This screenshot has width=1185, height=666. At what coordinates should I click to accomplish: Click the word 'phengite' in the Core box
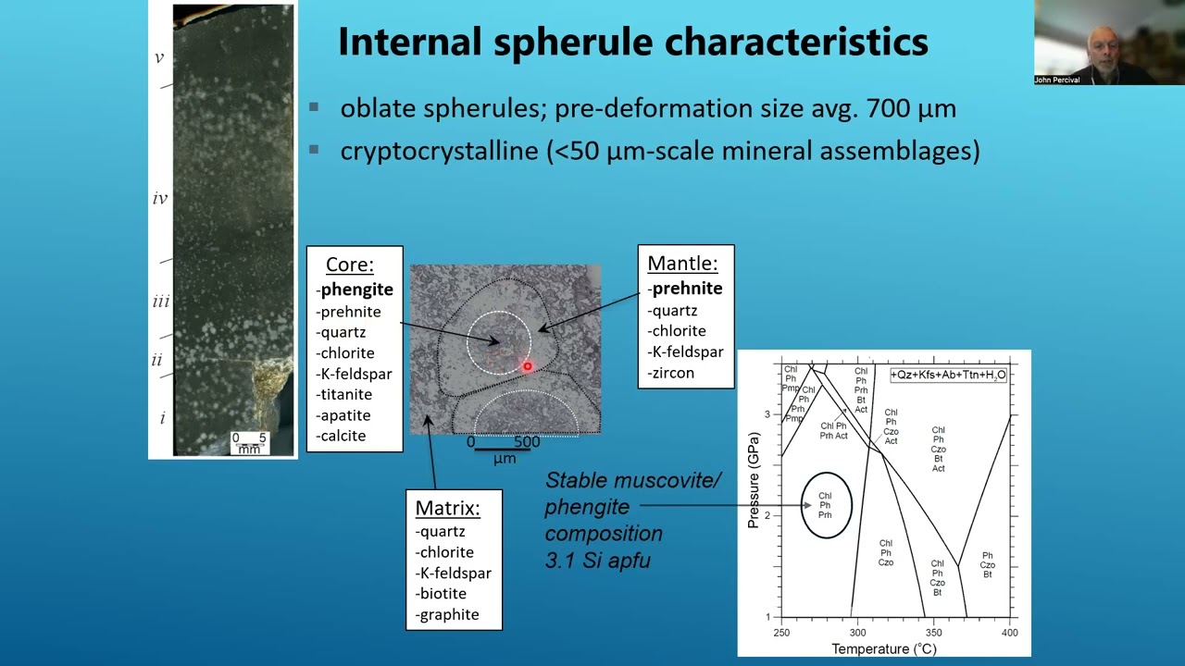[357, 290]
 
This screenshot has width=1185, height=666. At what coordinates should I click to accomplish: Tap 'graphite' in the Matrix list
[449, 614]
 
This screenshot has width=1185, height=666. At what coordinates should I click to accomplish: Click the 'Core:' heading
[350, 265]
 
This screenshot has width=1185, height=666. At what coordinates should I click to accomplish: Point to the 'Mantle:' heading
[682, 263]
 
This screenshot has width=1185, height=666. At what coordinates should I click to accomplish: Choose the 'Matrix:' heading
[447, 508]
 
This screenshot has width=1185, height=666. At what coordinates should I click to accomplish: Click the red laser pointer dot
[528, 367]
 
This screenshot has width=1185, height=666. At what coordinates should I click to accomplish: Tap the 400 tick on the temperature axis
[1009, 633]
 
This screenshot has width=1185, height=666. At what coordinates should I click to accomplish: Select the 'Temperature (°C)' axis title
[883, 649]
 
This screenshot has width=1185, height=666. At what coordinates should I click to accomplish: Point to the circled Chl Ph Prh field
[825, 505]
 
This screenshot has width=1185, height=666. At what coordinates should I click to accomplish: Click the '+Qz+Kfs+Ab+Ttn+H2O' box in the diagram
[948, 375]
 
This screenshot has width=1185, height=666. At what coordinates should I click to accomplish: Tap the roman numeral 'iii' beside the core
[160, 302]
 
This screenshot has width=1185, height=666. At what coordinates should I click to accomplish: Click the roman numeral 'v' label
[159, 57]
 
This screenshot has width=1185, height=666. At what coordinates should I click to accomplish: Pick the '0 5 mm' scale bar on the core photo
[249, 443]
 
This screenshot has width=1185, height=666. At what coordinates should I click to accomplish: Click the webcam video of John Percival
[1108, 42]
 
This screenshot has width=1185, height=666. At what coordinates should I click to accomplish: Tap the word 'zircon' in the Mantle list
[672, 373]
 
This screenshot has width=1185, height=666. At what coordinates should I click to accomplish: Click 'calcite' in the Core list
[343, 436]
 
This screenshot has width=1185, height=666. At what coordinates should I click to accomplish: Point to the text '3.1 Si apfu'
[597, 560]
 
